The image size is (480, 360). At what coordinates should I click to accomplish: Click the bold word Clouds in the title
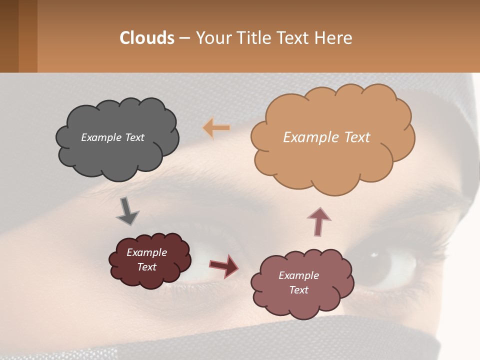click(x=147, y=38)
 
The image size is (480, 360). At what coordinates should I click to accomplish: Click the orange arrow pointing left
click(x=216, y=128)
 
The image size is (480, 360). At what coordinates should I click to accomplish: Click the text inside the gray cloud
click(x=112, y=137)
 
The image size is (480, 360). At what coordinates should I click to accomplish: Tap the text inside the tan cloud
click(x=326, y=137)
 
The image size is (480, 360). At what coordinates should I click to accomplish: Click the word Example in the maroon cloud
click(x=146, y=252)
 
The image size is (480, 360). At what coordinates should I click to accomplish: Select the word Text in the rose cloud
click(x=298, y=290)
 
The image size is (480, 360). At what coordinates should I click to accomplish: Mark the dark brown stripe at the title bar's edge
click(x=9, y=36)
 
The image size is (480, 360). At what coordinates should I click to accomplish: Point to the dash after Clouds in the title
click(x=184, y=38)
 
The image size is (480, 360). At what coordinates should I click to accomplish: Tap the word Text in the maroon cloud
click(x=146, y=267)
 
